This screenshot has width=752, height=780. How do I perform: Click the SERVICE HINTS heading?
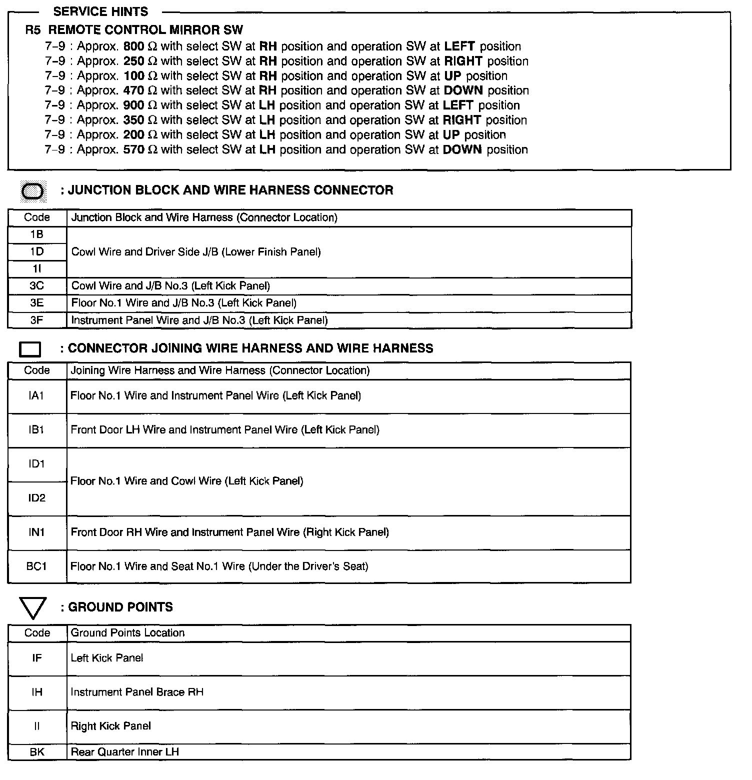(x=100, y=11)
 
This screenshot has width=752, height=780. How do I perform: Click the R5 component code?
(x=33, y=30)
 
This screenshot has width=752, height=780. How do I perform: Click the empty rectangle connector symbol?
(x=30, y=349)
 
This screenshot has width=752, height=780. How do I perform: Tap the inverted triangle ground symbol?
(x=32, y=607)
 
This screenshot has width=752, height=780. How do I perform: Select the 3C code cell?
(x=36, y=286)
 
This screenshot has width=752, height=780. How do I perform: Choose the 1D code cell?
(x=36, y=251)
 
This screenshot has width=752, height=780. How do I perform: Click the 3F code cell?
(x=36, y=320)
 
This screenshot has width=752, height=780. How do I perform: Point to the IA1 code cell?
(x=36, y=396)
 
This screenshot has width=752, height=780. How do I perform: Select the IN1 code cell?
(x=36, y=532)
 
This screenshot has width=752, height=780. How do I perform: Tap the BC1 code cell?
(x=36, y=566)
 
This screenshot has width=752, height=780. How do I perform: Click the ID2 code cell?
(x=36, y=498)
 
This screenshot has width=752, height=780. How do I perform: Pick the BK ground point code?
(x=37, y=751)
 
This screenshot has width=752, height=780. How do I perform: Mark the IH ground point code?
(x=37, y=692)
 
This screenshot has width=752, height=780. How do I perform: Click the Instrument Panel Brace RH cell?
(x=137, y=692)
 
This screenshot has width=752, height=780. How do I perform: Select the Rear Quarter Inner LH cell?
(x=125, y=751)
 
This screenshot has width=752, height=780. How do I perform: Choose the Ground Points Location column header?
(x=127, y=633)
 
